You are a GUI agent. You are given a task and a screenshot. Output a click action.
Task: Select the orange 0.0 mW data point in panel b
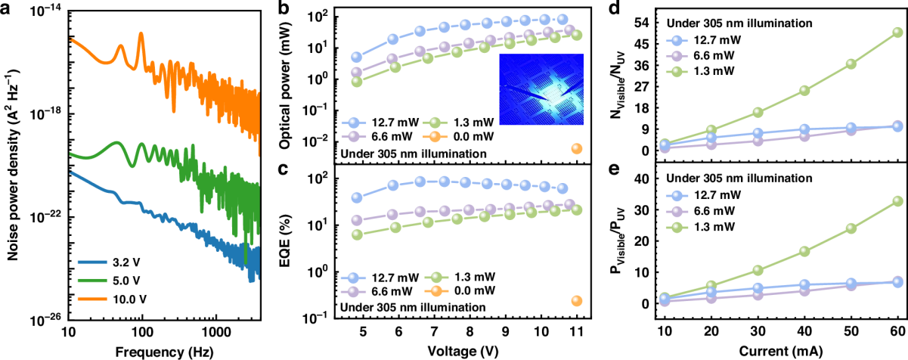point(577,148)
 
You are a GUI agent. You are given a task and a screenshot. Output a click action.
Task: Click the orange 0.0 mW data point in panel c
point(577,301)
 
